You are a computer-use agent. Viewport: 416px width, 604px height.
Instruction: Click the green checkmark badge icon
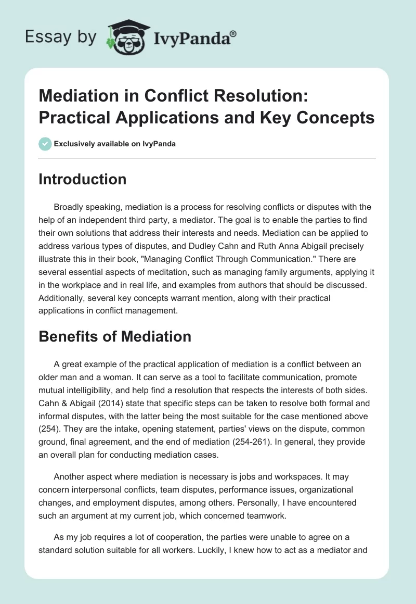pyautogui.click(x=45, y=144)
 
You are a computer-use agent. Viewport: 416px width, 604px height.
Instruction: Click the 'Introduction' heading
pyautogui.click(x=83, y=179)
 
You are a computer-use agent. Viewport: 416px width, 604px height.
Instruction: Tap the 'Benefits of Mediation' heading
pyautogui.click(x=115, y=336)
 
